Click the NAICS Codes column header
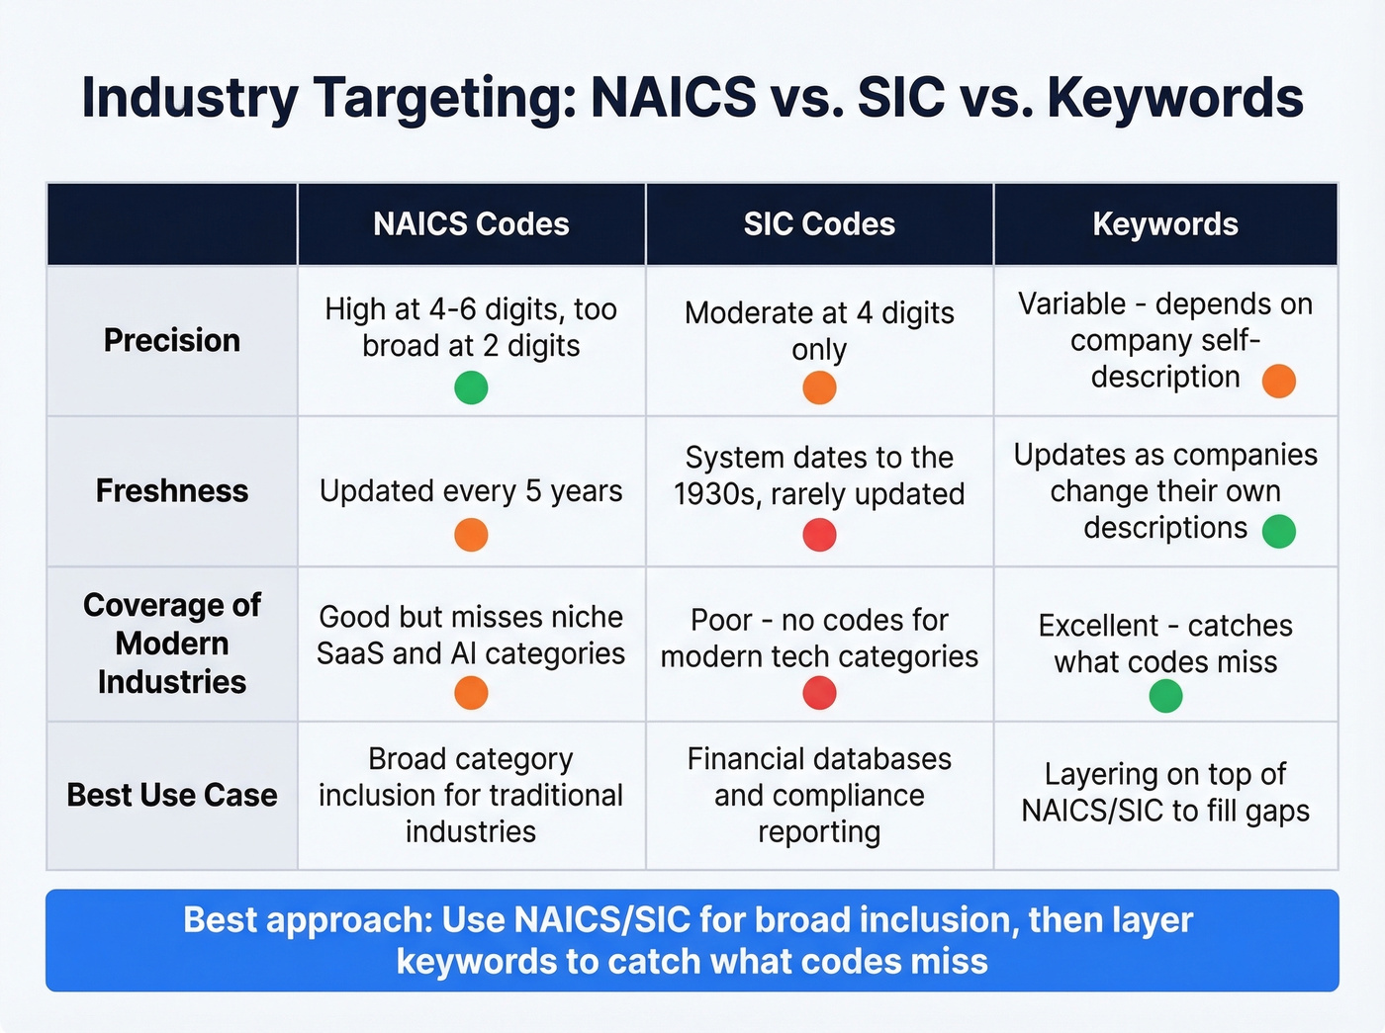coord(471,224)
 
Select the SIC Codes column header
coord(819,224)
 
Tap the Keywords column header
coord(1165,224)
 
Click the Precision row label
coord(172,340)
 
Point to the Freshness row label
coord(172,491)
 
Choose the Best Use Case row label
coord(172,795)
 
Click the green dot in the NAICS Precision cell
coord(471,387)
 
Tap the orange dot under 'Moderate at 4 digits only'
coord(819,387)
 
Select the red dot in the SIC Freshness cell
coord(819,535)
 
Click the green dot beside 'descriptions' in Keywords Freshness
coord(1279,531)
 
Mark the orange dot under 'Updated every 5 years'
coord(471,535)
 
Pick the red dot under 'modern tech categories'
coord(819,693)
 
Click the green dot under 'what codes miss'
coord(1165,697)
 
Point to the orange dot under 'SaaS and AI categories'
coord(471,693)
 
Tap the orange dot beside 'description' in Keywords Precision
coord(1279,381)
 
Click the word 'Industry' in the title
coord(189,98)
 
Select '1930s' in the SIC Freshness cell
coord(712,494)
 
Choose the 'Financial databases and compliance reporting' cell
coord(819,795)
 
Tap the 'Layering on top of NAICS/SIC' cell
coord(1165,793)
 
